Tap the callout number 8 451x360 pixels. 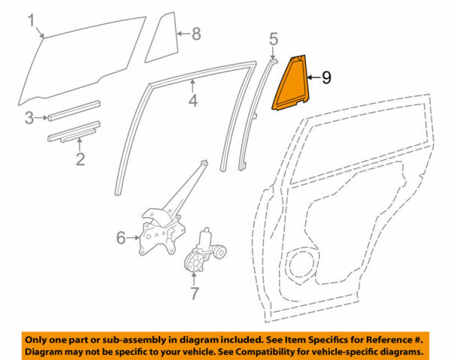pos(196,34)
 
